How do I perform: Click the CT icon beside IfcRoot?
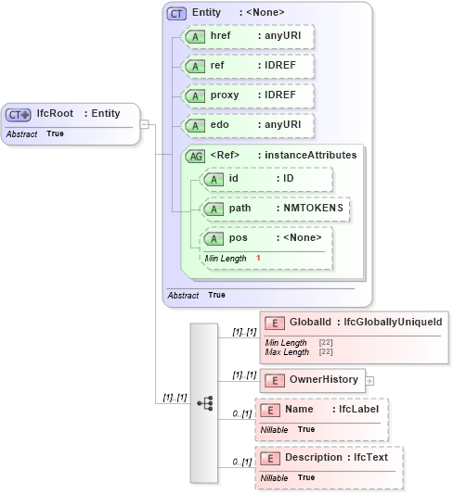pyautogui.click(x=19, y=114)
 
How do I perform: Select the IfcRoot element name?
pyautogui.click(x=55, y=114)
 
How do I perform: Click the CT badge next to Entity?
pyautogui.click(x=175, y=13)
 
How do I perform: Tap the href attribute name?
pyautogui.click(x=221, y=36)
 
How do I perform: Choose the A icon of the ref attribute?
pyautogui.click(x=195, y=67)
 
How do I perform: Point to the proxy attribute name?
pyautogui.click(x=225, y=95)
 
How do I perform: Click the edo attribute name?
pyautogui.click(x=220, y=125)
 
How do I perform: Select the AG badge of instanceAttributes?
pyautogui.click(x=196, y=156)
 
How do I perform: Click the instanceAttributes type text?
pyautogui.click(x=307, y=156)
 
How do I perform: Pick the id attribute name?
pyautogui.click(x=234, y=178)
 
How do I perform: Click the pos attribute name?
pyautogui.click(x=238, y=238)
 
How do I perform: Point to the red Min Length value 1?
pyautogui.click(x=258, y=258)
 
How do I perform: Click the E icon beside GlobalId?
pyautogui.click(x=274, y=322)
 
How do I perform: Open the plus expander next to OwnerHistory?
pyautogui.click(x=370, y=380)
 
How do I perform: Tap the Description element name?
pyautogui.click(x=314, y=457)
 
